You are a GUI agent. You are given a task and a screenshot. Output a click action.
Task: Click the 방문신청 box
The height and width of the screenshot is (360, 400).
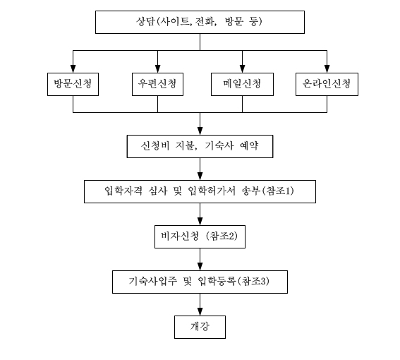pyautogui.click(x=73, y=84)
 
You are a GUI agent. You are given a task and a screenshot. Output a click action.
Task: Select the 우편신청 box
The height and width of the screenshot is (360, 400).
pyautogui.click(x=157, y=84)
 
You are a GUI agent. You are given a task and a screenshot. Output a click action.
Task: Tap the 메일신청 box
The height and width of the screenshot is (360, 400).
pyautogui.click(x=243, y=84)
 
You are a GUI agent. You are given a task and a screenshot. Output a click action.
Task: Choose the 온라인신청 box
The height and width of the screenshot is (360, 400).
pyautogui.click(x=327, y=84)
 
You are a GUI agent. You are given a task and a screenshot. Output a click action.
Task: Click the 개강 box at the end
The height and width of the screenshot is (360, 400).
pyautogui.click(x=200, y=327)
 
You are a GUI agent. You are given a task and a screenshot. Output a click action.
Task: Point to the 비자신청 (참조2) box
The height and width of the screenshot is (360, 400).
pyautogui.click(x=200, y=236)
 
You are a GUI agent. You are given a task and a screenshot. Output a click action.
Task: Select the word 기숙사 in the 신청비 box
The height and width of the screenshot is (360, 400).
pyautogui.click(x=219, y=146)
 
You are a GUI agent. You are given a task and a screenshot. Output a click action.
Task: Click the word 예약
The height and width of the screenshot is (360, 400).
pyautogui.click(x=249, y=146)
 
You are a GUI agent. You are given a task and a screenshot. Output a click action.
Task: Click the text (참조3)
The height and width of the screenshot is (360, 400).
pyautogui.click(x=253, y=282)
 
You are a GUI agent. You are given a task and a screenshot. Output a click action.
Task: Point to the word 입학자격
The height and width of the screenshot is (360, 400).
pyautogui.click(x=123, y=191)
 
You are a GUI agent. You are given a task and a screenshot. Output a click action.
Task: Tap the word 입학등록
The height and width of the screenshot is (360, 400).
pyautogui.click(x=217, y=282)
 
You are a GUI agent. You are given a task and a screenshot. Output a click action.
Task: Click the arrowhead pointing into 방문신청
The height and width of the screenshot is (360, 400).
pyautogui.click(x=73, y=69)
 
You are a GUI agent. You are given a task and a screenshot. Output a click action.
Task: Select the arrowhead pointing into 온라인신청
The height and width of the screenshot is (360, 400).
pyautogui.click(x=327, y=69)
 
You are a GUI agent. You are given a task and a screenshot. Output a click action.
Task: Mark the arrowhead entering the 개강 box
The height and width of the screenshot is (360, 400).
pyautogui.click(x=200, y=312)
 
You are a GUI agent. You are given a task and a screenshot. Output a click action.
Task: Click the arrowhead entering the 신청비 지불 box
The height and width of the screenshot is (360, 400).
pyautogui.click(x=200, y=131)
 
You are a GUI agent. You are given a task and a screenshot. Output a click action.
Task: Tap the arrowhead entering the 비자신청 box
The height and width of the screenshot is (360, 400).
pyautogui.click(x=200, y=222)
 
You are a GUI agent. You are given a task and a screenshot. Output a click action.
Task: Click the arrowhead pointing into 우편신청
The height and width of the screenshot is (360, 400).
pyautogui.click(x=157, y=69)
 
